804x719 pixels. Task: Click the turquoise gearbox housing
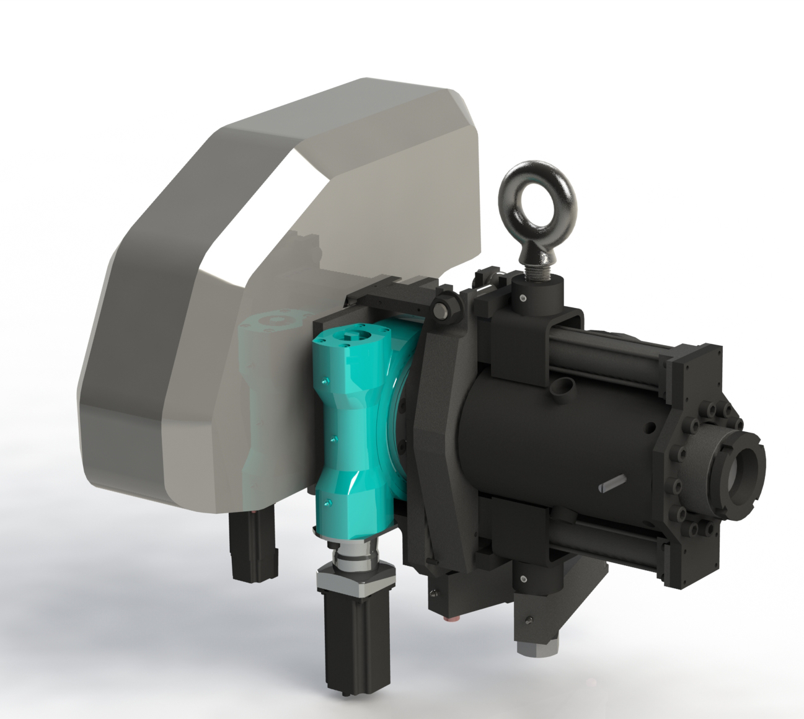coord(353,421)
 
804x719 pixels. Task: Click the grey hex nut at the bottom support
coord(534,650)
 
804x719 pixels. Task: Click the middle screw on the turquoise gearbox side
coord(334,439)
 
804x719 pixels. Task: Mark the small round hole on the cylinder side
coord(650,426)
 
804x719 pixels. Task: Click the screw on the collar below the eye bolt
coord(523,299)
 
